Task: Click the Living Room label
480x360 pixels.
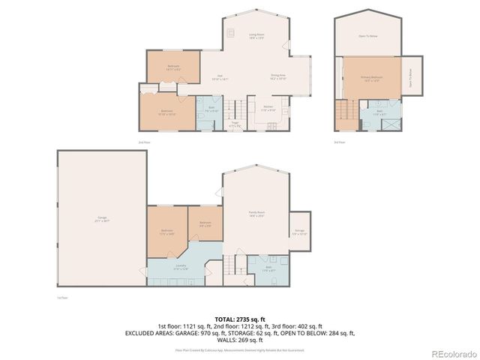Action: (257, 36)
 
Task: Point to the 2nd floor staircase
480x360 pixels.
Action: (235, 109)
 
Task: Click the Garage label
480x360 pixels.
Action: (101, 220)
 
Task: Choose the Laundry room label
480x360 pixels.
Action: (181, 268)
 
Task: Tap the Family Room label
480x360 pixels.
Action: (256, 214)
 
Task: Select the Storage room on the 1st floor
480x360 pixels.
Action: (299, 232)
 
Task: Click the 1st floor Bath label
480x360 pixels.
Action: (268, 267)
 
